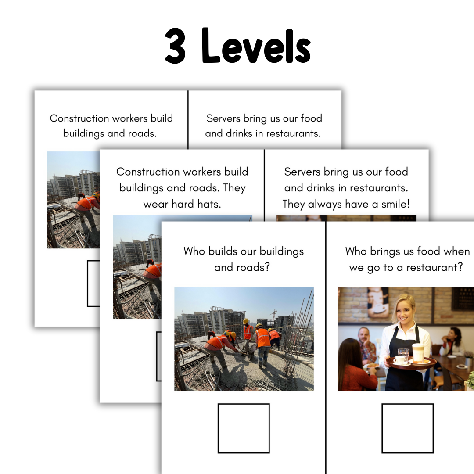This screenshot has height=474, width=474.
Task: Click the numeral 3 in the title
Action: click(x=175, y=46)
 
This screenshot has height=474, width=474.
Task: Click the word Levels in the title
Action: click(x=256, y=46)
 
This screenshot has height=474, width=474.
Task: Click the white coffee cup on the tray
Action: click(x=399, y=360)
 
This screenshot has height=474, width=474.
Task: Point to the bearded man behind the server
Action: click(x=366, y=345)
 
